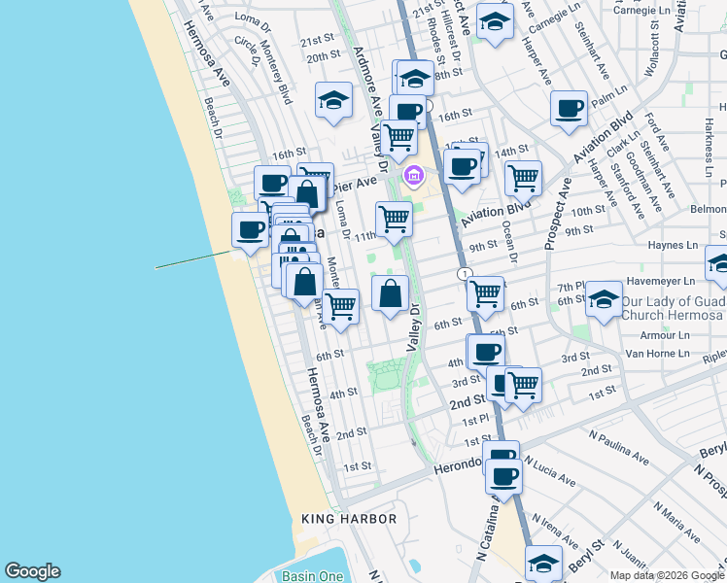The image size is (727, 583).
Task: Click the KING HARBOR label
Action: coord(349,519)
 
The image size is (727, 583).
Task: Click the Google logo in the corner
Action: coord(32,571)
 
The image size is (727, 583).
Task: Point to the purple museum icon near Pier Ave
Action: coord(414,176)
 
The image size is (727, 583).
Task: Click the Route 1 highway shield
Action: coord(464,274)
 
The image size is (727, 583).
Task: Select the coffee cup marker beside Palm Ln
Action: coord(569,108)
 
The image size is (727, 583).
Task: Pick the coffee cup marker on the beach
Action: coord(250,229)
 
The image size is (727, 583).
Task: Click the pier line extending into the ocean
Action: coord(192,259)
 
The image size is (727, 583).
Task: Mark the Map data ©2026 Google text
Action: coord(666,575)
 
